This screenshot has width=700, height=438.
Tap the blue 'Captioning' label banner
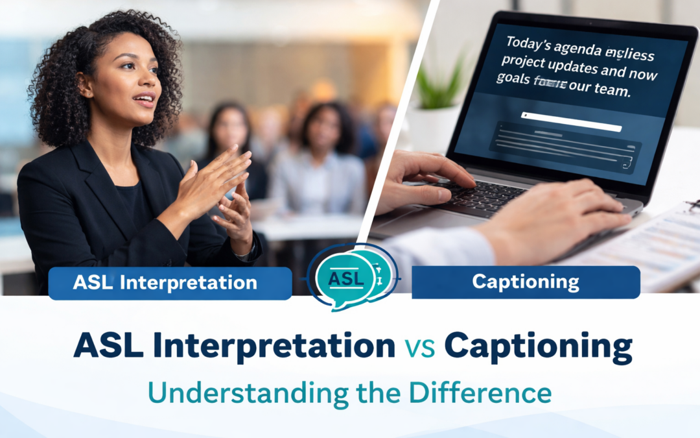click(526, 282)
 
